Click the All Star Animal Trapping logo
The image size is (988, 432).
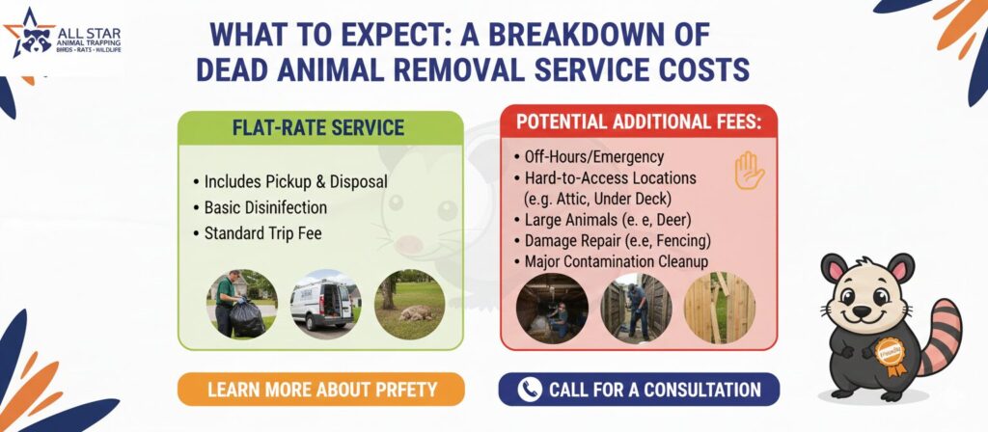[62, 34]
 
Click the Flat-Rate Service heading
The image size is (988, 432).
[318, 128]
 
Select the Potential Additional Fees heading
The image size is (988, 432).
[639, 121]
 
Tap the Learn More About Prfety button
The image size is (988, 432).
[321, 390]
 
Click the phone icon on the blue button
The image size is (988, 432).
[530, 390]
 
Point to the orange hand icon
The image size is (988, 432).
[749, 170]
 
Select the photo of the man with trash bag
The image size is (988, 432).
[241, 304]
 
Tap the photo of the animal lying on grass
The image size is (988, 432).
[409, 305]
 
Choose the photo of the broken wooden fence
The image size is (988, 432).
[719, 308]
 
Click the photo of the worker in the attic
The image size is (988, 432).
[552, 308]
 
